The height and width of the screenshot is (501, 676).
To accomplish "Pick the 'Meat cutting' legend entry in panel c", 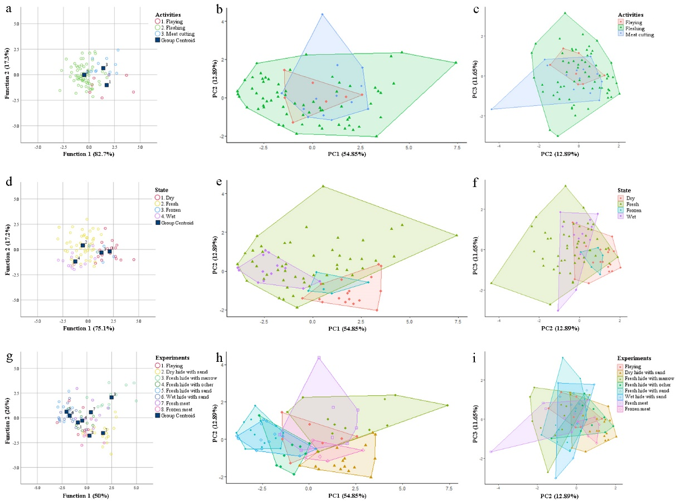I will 641,35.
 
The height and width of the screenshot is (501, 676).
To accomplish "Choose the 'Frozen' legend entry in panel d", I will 171,210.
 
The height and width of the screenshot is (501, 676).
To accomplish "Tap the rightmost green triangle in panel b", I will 456,62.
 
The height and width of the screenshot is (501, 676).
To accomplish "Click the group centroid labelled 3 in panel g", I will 111,397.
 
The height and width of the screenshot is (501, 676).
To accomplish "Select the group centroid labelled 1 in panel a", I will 106,85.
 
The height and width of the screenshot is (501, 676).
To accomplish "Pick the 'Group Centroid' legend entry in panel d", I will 176,223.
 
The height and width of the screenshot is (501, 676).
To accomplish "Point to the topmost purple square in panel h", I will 319,358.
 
